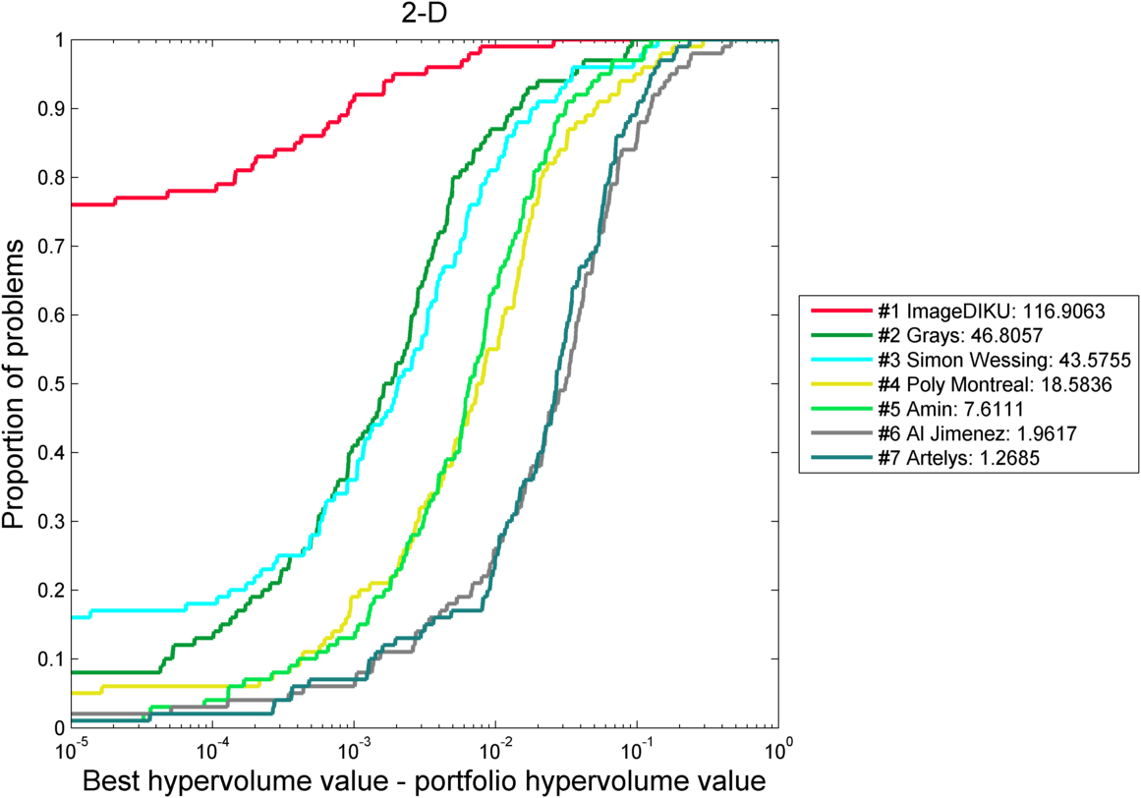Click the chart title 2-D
[x=423, y=15]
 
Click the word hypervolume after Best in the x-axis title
[x=230, y=782]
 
